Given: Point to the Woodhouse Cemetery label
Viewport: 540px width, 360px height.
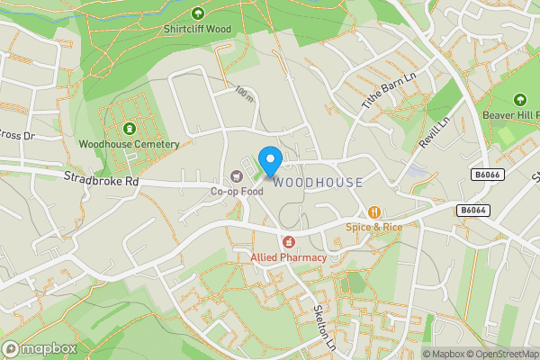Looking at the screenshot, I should pos(129,144).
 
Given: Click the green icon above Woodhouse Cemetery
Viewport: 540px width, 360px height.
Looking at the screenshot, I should pos(130,128).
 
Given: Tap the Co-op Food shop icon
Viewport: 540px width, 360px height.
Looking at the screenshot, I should pos(238,175).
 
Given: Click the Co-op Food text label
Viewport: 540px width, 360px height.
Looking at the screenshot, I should pos(236,191).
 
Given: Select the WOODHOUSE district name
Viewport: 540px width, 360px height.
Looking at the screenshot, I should pos(319,183).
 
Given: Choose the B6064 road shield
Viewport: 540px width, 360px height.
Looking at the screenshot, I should pos(472,210).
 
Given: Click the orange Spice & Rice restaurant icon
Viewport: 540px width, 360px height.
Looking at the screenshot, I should pos(373,212).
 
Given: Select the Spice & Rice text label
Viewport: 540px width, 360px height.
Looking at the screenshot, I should pos(373,227).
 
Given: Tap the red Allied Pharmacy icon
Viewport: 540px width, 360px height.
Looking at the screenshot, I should pos(289,241).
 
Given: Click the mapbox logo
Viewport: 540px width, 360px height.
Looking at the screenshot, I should pos(37,347).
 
